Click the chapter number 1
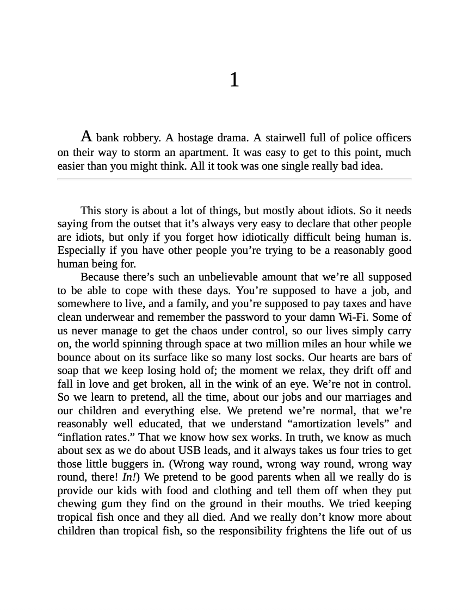click(234, 80)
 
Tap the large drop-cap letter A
click(87, 136)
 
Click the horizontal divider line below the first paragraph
click(234, 178)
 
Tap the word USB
click(191, 451)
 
